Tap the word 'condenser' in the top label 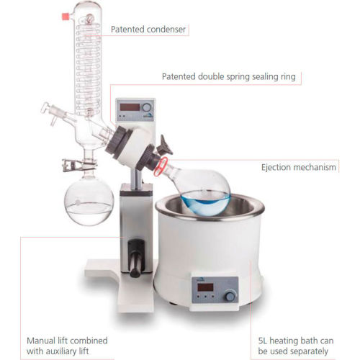[166, 30]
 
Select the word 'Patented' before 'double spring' [179, 76]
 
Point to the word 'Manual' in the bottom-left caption [41, 341]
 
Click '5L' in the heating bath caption [263, 341]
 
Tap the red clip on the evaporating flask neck [161, 167]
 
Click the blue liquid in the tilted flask [205, 202]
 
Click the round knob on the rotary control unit [147, 107]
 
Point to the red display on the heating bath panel [205, 287]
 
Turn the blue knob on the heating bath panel [230, 296]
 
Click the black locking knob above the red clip [165, 145]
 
